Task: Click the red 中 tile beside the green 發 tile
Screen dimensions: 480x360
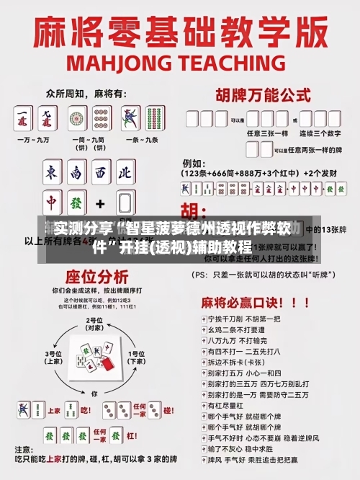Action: point(53,203)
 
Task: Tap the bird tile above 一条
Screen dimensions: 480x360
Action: point(130,117)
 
